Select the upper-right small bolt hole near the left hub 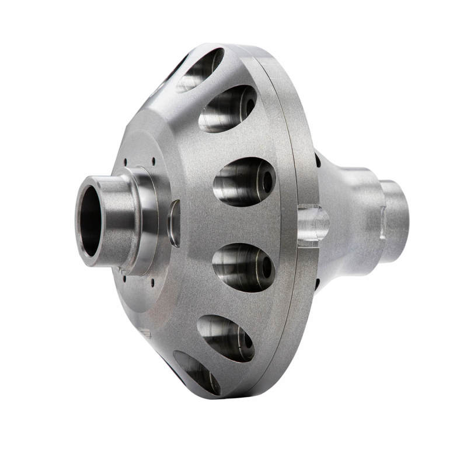pyautogui.click(x=153, y=159)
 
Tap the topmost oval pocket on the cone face pyautogui.click(x=200, y=69)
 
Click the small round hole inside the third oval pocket pyautogui.click(x=267, y=182)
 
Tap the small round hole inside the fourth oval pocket pyautogui.click(x=266, y=267)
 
